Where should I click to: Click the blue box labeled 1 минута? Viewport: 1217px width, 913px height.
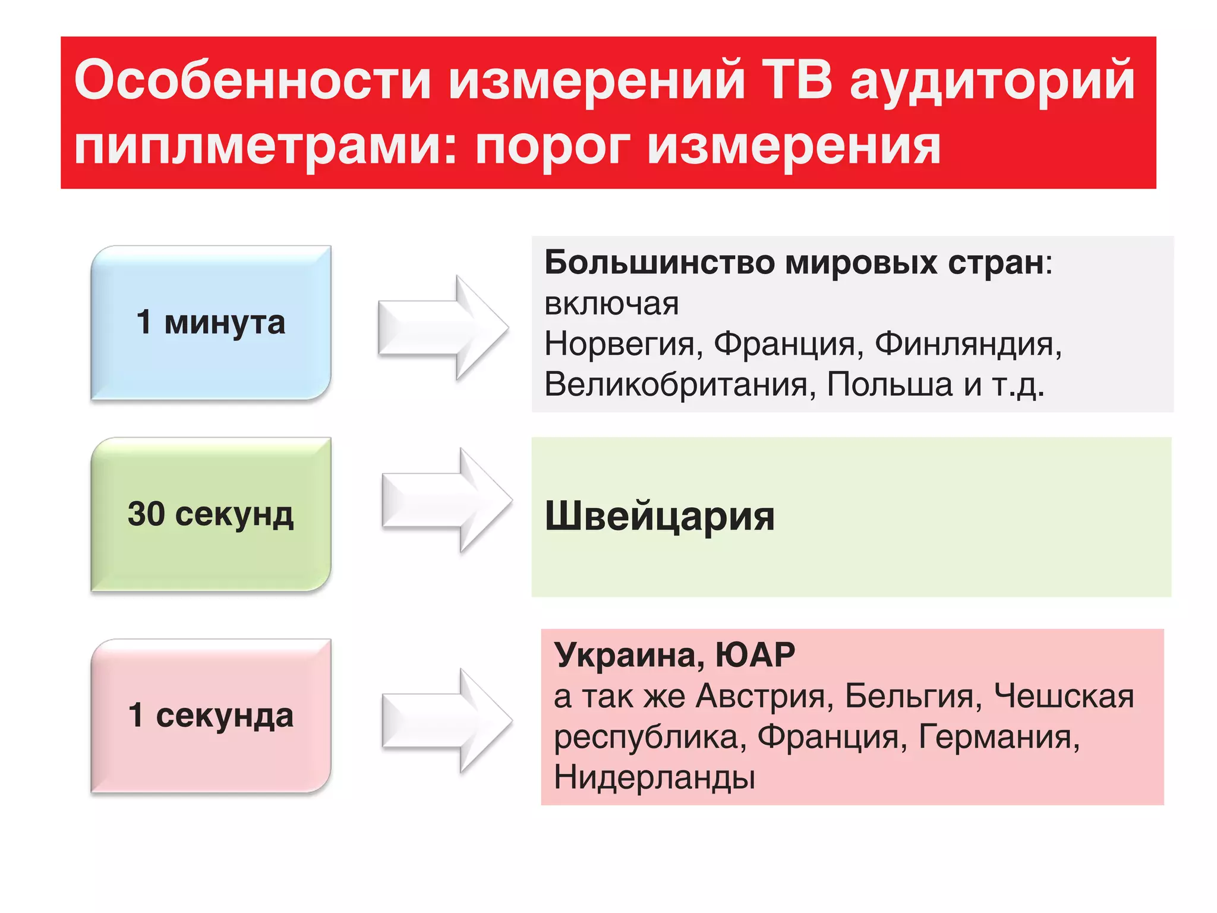click(x=210, y=322)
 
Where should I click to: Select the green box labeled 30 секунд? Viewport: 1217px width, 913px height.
click(x=210, y=514)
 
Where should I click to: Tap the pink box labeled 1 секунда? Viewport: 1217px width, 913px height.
click(x=210, y=715)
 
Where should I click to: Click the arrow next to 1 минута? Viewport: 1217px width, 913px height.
click(x=443, y=328)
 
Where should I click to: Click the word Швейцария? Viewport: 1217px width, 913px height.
click(x=660, y=516)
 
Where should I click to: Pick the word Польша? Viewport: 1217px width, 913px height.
click(x=890, y=384)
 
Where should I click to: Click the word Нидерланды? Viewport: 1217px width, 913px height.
click(x=654, y=777)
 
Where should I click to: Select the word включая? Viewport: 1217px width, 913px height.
click(x=611, y=304)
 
